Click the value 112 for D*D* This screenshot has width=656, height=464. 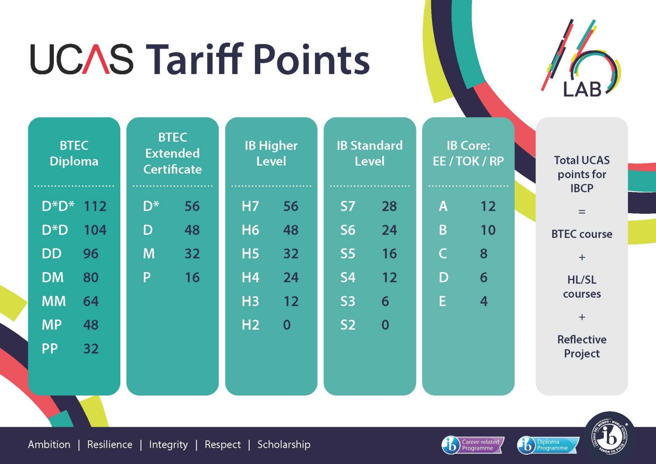[x=95, y=206]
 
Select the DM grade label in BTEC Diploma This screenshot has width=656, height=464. [x=53, y=277]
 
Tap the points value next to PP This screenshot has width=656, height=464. [x=91, y=349]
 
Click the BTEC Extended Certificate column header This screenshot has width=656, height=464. [x=172, y=153]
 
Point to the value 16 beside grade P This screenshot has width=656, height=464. [x=192, y=277]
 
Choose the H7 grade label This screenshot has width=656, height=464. [x=251, y=206]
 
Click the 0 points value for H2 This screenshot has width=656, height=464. [x=287, y=325]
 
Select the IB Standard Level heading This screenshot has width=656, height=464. [x=370, y=153]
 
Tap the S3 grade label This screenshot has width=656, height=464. [x=348, y=301]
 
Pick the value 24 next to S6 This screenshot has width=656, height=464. [x=389, y=230]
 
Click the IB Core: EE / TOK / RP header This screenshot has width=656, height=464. [x=468, y=153]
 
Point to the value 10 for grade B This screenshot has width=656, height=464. [x=488, y=230]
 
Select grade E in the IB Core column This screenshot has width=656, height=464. [x=443, y=301]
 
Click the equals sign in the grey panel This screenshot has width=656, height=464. [x=582, y=211]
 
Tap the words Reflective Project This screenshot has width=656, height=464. [x=582, y=346]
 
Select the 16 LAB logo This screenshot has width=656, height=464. [x=581, y=59]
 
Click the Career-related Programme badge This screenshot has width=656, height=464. [x=473, y=445]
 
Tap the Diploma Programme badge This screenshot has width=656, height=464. [x=548, y=445]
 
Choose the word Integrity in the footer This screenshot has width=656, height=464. [x=168, y=445]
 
